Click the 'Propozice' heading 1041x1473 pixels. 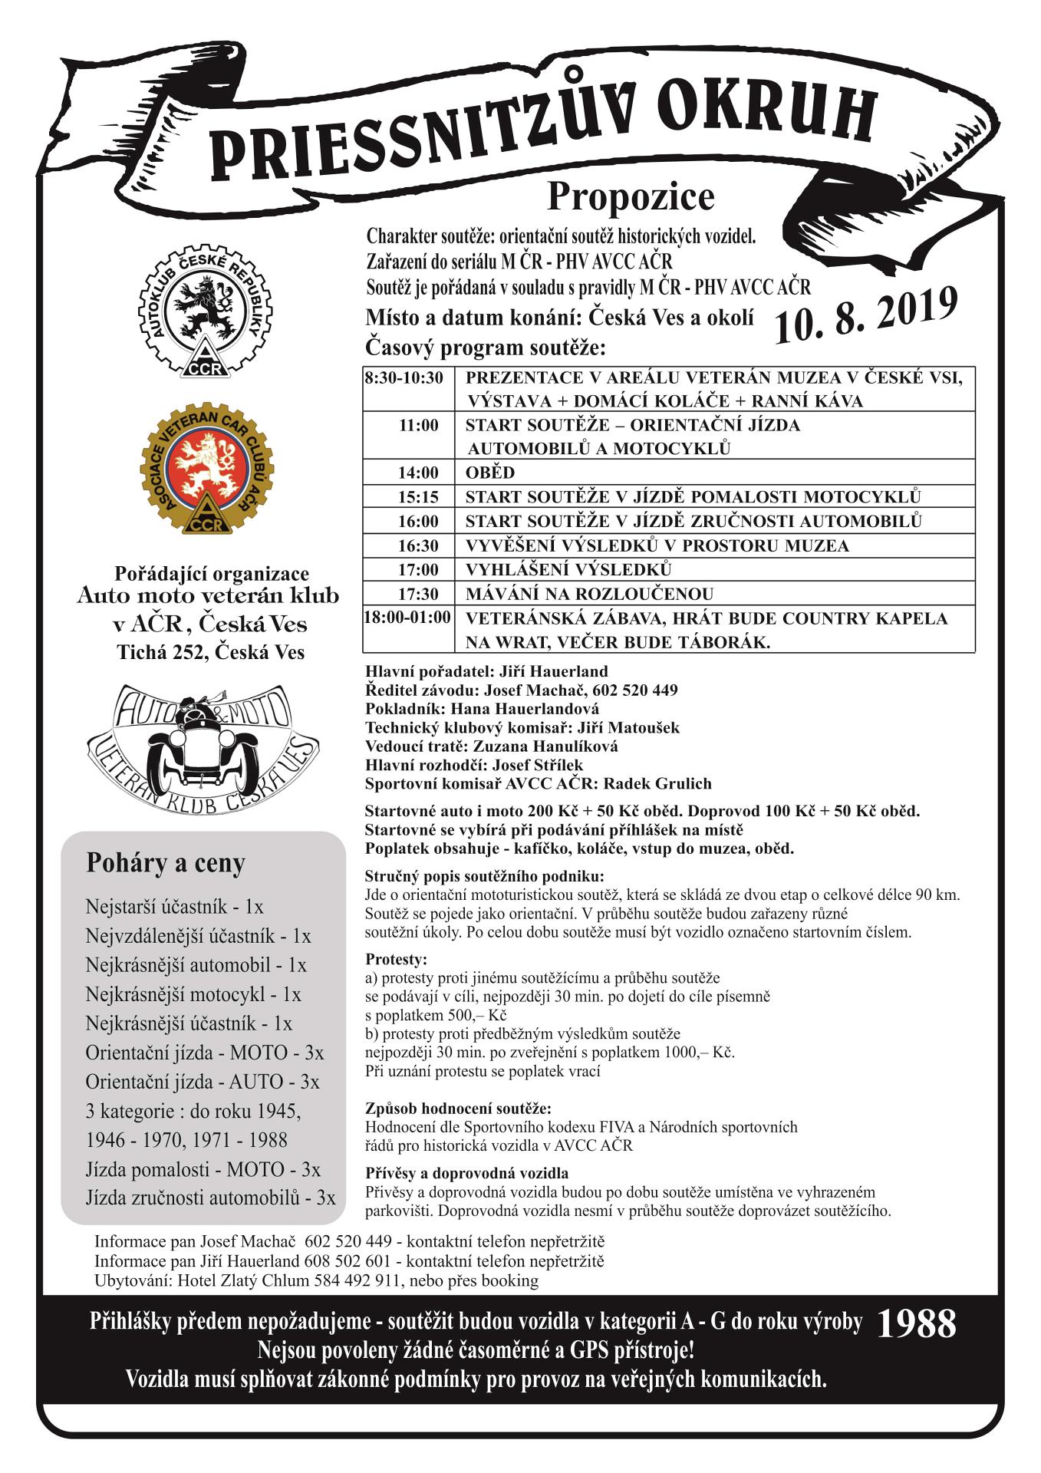click(x=630, y=196)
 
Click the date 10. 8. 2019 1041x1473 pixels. click(x=865, y=314)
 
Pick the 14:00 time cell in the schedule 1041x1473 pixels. click(x=418, y=473)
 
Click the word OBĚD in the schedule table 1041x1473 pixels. click(x=489, y=473)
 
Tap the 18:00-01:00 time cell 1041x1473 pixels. click(x=408, y=618)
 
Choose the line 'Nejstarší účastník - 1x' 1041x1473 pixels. click(x=174, y=907)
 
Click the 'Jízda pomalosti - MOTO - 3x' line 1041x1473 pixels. click(x=203, y=1169)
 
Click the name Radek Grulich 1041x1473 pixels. click(x=657, y=784)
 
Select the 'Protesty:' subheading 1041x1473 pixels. click(x=396, y=960)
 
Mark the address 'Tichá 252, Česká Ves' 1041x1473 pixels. click(x=210, y=652)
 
